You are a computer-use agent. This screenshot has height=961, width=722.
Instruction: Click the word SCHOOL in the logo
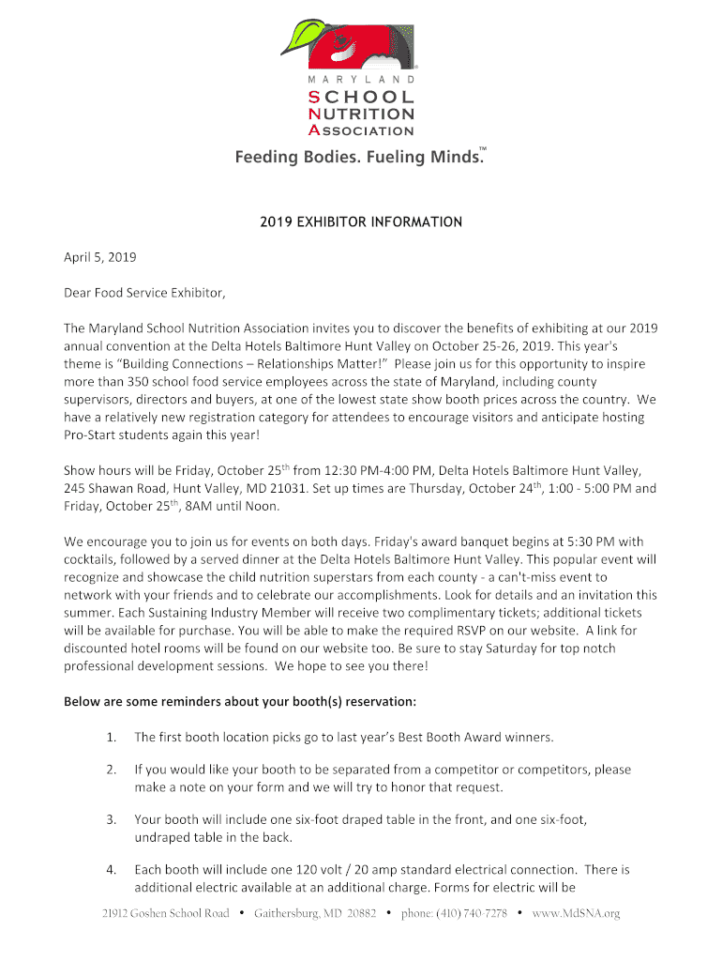pos(361,97)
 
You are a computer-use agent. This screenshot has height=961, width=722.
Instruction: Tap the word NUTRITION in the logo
pos(361,114)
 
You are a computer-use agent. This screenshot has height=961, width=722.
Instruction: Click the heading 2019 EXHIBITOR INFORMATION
pos(361,222)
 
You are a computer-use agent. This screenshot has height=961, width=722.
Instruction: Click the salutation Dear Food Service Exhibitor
pos(144,293)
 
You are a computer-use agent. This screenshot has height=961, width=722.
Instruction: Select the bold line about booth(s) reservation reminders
pos(239,702)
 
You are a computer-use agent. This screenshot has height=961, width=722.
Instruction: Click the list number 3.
pos(112,819)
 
